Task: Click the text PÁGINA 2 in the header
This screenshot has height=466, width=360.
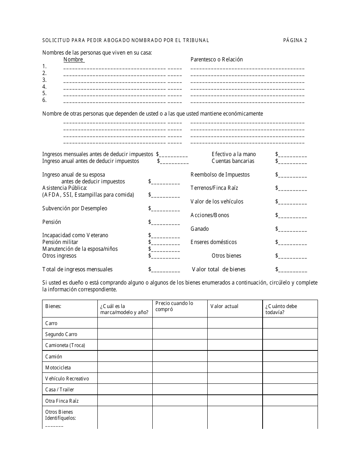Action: coord(295,40)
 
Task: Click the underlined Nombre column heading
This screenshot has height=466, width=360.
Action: coord(74,59)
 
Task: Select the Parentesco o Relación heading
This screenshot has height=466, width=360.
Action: coord(216,59)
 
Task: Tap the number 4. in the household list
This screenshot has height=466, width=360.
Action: coord(44,87)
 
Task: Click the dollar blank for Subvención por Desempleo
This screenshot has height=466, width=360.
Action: coord(164,209)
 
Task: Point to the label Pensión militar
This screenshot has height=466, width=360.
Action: coord(60,242)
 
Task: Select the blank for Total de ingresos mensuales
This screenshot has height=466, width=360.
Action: coord(164,270)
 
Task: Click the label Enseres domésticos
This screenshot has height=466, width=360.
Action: coord(213,242)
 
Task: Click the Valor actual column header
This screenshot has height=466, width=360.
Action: coord(224,306)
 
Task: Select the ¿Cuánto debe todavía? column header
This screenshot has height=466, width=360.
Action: coord(281,309)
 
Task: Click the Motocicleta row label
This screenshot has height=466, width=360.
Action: coord(58,367)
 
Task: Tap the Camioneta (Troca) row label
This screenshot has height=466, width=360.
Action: coord(65,345)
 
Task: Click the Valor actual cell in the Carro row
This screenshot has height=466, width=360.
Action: coord(235,323)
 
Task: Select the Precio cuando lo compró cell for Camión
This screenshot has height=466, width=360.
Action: coord(180,357)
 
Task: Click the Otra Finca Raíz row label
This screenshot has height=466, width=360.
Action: coord(62,401)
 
